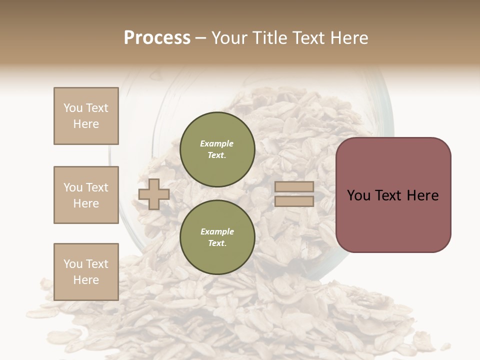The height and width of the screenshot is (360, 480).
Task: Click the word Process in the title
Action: (x=157, y=38)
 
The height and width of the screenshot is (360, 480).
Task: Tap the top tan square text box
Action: (x=86, y=116)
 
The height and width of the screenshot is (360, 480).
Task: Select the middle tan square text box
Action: (x=86, y=195)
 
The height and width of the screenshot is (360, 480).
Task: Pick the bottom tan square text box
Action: (x=86, y=272)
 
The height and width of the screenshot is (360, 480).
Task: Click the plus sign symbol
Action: (x=154, y=194)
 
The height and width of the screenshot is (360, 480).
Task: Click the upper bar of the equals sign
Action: (x=294, y=187)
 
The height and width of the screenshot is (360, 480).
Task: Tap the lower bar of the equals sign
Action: (x=294, y=201)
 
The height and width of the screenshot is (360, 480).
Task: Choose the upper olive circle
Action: (x=217, y=149)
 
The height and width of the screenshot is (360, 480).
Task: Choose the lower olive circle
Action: (x=217, y=237)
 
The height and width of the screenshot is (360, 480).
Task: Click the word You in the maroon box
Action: (x=359, y=195)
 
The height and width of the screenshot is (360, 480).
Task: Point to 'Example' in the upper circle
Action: (x=217, y=143)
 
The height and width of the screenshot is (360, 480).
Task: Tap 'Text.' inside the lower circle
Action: (x=217, y=243)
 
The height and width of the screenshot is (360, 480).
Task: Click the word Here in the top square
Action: (x=86, y=124)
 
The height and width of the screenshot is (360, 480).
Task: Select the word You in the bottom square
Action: (x=73, y=264)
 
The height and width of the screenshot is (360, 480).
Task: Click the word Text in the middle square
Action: (x=96, y=187)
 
